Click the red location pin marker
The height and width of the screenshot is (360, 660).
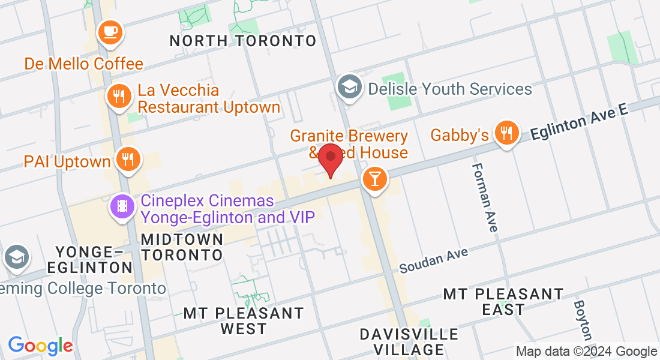[x=330, y=158]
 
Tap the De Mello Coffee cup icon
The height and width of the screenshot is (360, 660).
[x=109, y=32]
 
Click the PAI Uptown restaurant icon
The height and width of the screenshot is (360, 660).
[x=127, y=160]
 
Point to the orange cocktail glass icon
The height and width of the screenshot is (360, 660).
[x=375, y=179]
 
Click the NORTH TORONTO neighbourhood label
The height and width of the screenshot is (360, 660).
[x=242, y=41]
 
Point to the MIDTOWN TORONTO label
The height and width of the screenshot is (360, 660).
[x=182, y=247]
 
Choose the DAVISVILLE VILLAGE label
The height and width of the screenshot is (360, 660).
[x=409, y=341]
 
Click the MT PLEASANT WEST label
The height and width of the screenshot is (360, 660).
[x=243, y=321]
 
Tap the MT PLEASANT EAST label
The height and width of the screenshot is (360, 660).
[x=503, y=302]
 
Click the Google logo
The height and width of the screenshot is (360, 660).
[x=40, y=346]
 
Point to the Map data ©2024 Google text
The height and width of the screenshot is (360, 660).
[x=586, y=352]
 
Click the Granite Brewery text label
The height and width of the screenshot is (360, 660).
[x=349, y=137]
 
